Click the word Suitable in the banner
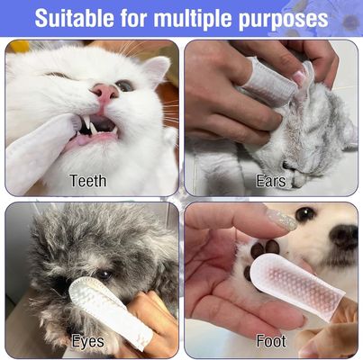(x=74, y=18)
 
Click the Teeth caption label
(x=88, y=181)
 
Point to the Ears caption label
(x=270, y=181)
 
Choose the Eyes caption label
(x=88, y=341)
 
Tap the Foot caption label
(x=271, y=341)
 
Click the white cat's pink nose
(x=104, y=92)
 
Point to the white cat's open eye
(x=124, y=86)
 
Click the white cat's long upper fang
(x=86, y=121)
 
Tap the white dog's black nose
(x=343, y=237)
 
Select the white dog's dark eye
(x=305, y=214)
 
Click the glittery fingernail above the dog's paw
(x=282, y=220)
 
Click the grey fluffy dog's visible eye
(x=104, y=274)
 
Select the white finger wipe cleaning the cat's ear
(x=269, y=79)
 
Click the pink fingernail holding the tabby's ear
(x=299, y=77)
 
